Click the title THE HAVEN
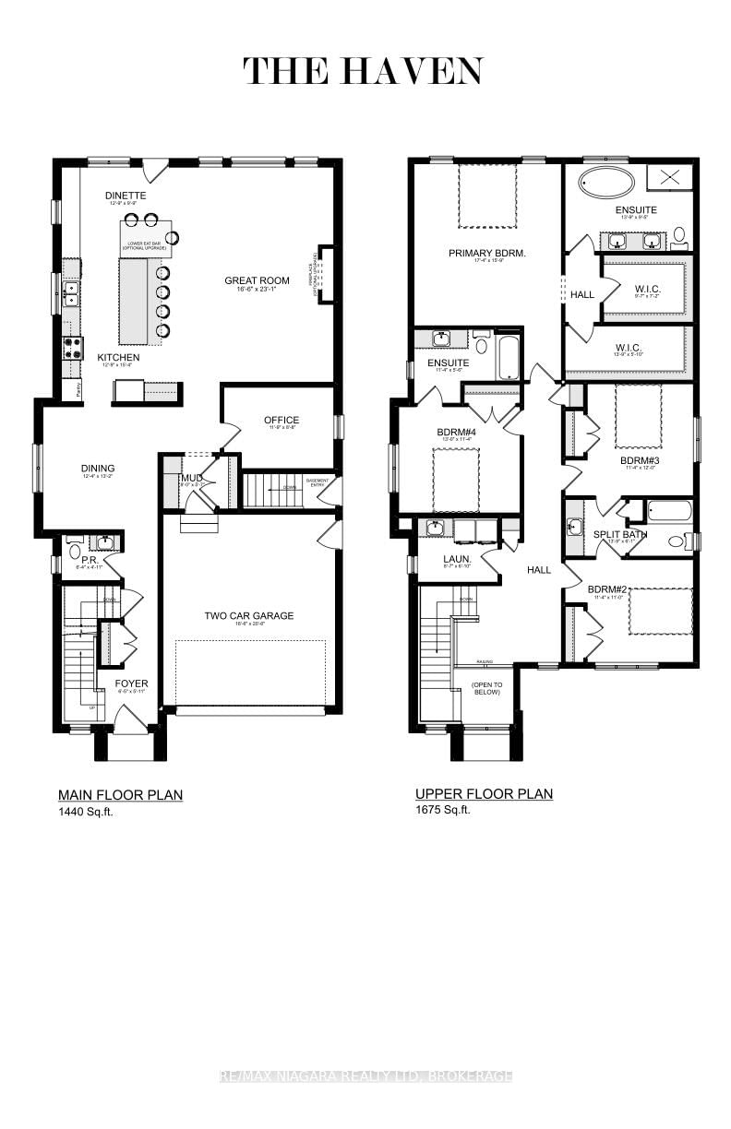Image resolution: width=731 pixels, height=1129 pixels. click(363, 71)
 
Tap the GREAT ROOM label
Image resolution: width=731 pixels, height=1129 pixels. click(258, 280)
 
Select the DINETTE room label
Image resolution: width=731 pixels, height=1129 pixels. click(126, 196)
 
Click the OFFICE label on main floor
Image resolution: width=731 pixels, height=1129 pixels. click(282, 420)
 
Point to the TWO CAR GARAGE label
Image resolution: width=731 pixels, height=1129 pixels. click(249, 615)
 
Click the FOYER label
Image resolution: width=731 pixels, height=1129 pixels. click(131, 683)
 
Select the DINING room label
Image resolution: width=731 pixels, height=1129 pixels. click(97, 469)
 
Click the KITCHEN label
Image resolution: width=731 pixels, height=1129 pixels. click(119, 357)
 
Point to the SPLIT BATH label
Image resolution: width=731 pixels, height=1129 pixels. click(620, 534)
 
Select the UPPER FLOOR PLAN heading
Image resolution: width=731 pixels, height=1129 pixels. click(484, 793)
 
